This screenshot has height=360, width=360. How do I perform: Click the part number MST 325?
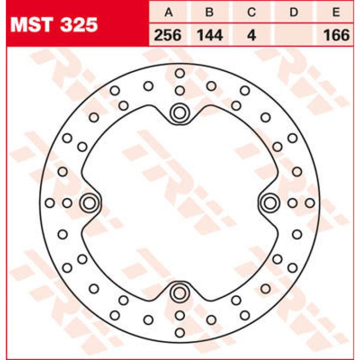click(54, 24)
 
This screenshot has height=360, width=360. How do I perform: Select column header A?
click(168, 12)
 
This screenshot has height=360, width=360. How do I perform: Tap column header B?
click(209, 12)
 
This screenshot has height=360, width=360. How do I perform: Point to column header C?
click(251, 12)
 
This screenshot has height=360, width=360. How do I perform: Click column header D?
click(293, 12)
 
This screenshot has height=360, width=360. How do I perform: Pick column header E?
click(336, 12)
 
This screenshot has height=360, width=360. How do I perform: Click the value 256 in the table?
click(167, 35)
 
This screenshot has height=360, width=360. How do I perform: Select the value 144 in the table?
click(210, 35)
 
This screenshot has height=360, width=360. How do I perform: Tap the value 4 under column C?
click(251, 35)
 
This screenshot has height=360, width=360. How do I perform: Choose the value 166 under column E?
click(337, 35)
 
